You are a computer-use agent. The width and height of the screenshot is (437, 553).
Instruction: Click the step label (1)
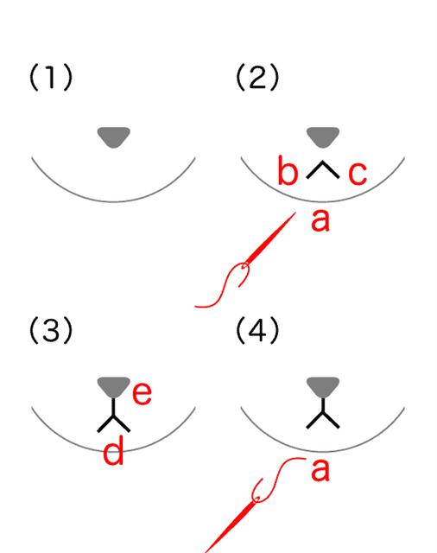tap(51, 77)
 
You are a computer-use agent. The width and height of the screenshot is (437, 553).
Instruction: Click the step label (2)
tap(257, 77)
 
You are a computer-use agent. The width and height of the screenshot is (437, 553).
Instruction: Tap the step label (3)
tap(51, 330)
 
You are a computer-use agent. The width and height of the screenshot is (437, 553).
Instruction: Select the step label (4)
tap(257, 330)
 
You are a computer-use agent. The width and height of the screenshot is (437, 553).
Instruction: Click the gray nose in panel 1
tap(114, 137)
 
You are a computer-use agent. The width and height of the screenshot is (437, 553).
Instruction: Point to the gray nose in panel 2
tap(323, 137)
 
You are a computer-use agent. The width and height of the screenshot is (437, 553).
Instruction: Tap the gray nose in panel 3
tap(114, 387)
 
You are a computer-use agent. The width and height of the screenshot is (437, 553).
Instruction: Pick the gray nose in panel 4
tap(323, 387)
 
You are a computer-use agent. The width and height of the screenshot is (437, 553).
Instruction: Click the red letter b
tap(288, 170)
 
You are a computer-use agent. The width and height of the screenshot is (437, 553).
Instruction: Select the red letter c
tap(358, 174)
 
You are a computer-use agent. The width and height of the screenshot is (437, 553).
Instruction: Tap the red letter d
tap(113, 450)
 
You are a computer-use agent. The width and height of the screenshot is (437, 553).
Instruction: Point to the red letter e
tap(142, 393)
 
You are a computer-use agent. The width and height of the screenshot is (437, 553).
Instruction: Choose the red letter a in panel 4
tap(320, 470)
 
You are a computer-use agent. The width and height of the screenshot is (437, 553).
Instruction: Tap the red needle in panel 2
tap(269, 240)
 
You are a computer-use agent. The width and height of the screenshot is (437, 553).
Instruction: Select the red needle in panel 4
tap(231, 524)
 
